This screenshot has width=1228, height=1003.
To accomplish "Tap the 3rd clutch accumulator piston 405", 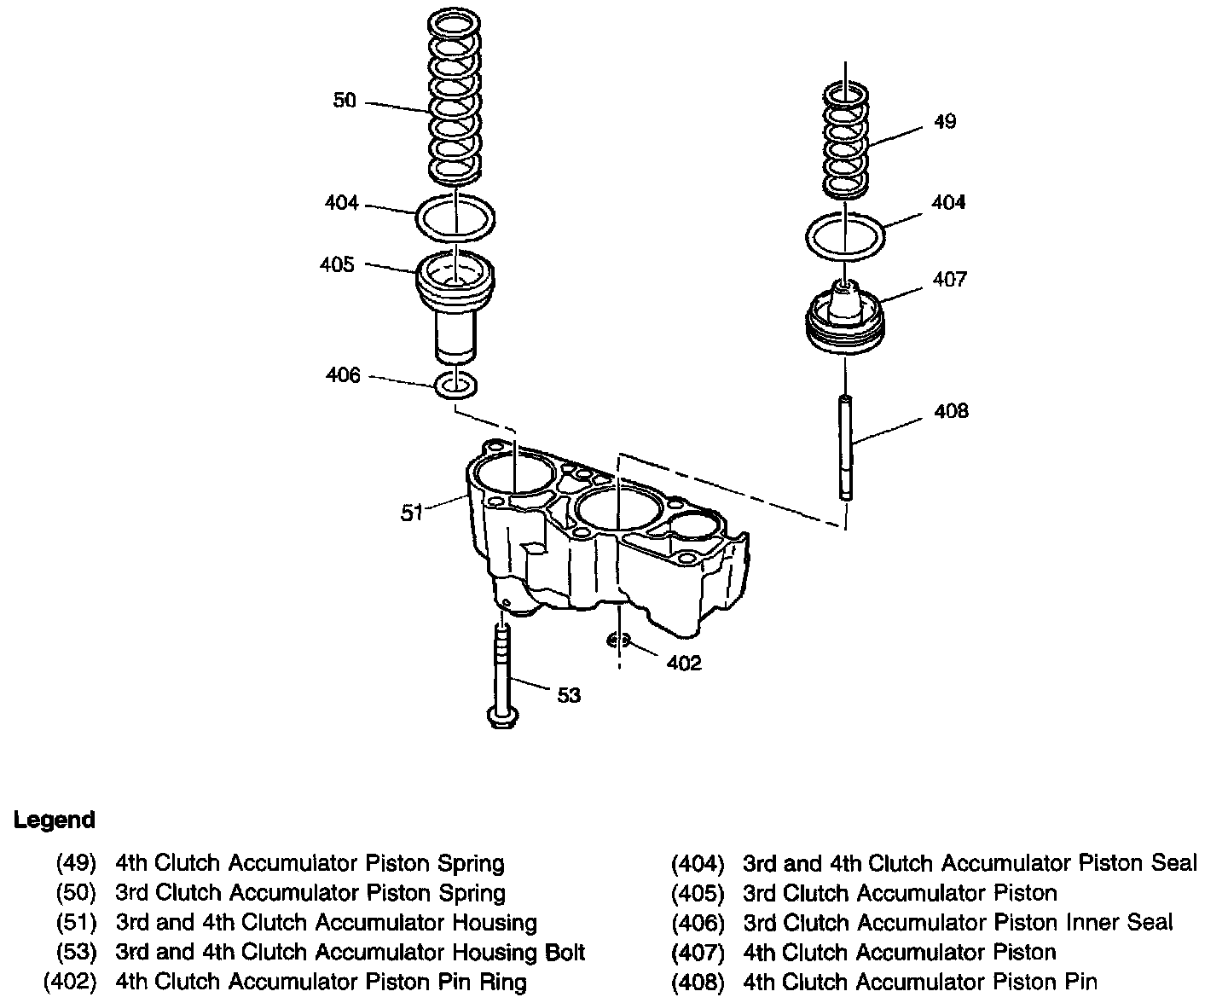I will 456,307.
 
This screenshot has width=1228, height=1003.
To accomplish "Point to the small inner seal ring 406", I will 456,386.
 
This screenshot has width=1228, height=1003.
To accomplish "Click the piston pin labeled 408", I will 844,448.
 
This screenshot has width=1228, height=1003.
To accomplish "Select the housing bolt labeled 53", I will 501,674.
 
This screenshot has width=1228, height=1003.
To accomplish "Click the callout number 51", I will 413,513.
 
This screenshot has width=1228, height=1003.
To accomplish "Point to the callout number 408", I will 951,411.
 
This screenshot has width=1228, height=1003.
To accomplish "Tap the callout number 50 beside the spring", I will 345,101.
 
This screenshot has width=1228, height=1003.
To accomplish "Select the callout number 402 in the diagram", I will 683,663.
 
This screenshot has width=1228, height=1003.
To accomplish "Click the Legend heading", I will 55,820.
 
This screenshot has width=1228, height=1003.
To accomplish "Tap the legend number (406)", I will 698,923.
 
